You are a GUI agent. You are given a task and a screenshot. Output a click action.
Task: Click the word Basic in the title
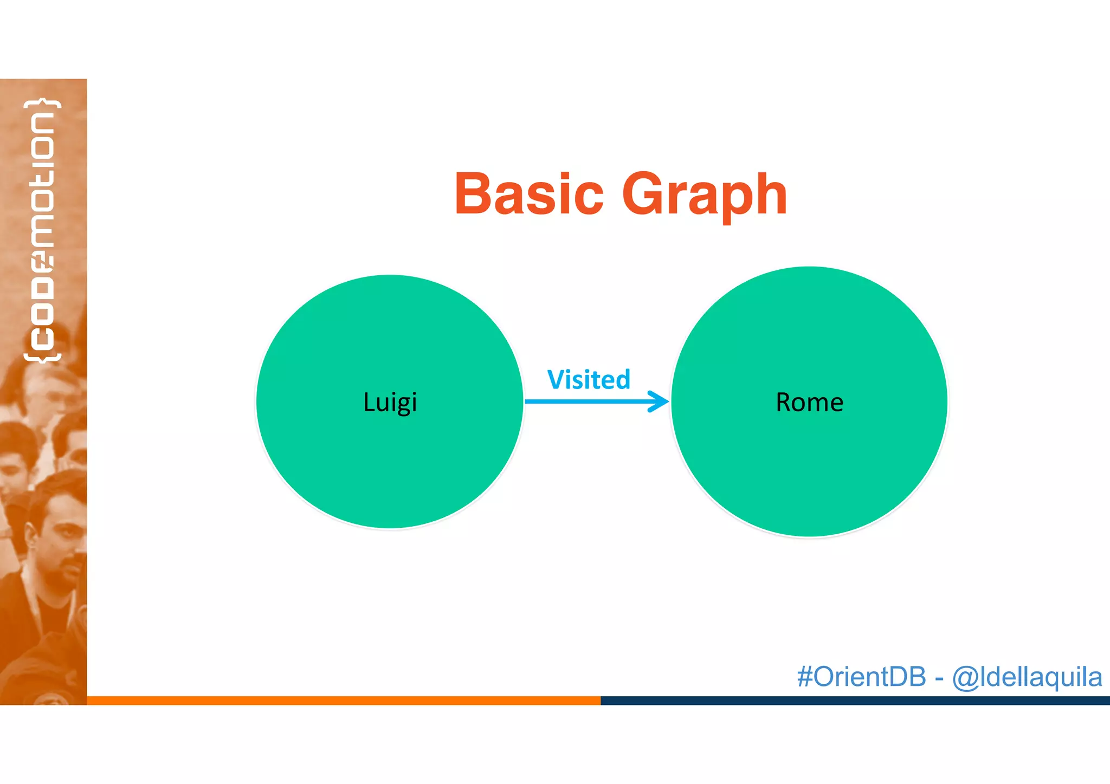pos(529,194)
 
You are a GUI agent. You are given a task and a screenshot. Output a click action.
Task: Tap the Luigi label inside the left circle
pos(390,403)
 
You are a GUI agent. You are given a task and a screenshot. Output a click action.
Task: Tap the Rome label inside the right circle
pos(809,403)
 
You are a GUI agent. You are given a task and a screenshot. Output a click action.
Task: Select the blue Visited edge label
pos(589,379)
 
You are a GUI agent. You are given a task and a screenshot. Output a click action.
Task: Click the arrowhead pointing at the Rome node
pos(660,401)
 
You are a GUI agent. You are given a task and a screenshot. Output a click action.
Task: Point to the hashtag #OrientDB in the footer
pos(861,677)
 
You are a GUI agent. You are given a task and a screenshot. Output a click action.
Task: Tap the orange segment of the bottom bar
pos(344,700)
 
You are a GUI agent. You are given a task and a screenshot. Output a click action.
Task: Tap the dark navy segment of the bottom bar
pos(855,700)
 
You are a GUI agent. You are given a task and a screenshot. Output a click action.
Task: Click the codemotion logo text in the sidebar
pos(42,230)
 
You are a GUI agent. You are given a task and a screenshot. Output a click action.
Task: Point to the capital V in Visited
pos(557,379)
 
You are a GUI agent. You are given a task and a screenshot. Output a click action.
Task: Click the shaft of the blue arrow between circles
pos(585,401)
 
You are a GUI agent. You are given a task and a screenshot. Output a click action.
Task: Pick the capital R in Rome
pos(784,403)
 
